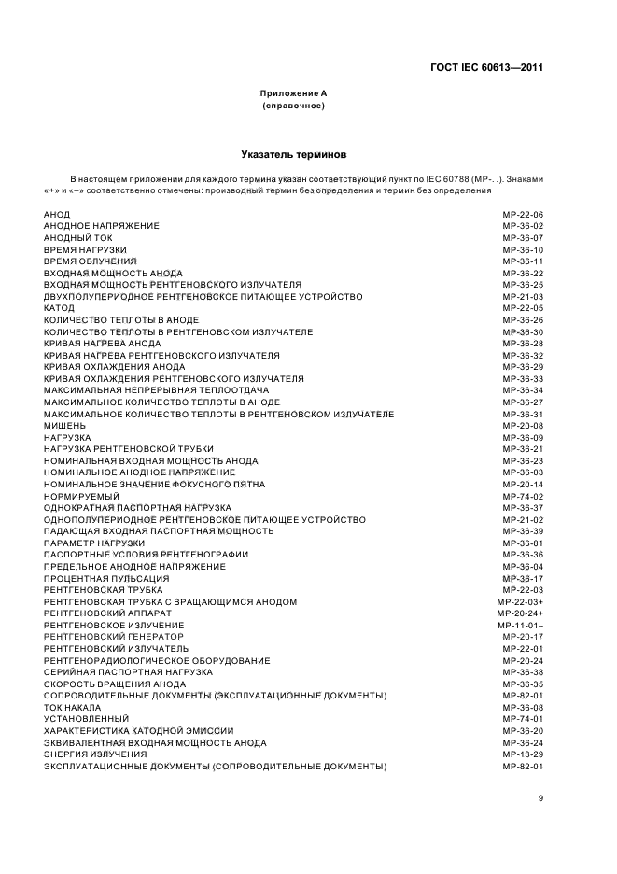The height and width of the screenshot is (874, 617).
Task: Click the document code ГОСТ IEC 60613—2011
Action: pyautogui.click(x=486, y=67)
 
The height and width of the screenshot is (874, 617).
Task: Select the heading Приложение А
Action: pyautogui.click(x=293, y=94)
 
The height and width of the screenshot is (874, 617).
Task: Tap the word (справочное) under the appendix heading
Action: pyautogui.click(x=293, y=106)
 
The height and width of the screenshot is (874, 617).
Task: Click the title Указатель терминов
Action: pyautogui.click(x=293, y=152)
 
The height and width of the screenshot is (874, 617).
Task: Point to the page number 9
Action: pyautogui.click(x=540, y=797)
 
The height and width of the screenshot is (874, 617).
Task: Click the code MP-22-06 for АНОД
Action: pyautogui.click(x=523, y=215)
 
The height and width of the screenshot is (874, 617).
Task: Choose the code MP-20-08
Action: pyautogui.click(x=523, y=426)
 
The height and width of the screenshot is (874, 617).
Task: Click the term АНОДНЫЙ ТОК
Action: pyautogui.click(x=77, y=238)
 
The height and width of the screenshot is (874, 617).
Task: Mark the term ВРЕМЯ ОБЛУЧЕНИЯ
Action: pyautogui.click(x=91, y=261)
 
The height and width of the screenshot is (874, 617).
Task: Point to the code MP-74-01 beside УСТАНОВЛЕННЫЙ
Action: pyautogui.click(x=523, y=719)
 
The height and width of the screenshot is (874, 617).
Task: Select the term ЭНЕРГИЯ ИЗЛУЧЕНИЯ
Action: pyautogui.click(x=95, y=754)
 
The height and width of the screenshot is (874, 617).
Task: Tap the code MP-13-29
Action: pyautogui.click(x=523, y=754)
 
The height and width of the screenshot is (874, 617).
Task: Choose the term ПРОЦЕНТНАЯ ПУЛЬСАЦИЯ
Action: pyautogui.click(x=106, y=579)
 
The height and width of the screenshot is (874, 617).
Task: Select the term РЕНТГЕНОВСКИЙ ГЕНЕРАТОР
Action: pyautogui.click(x=113, y=637)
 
